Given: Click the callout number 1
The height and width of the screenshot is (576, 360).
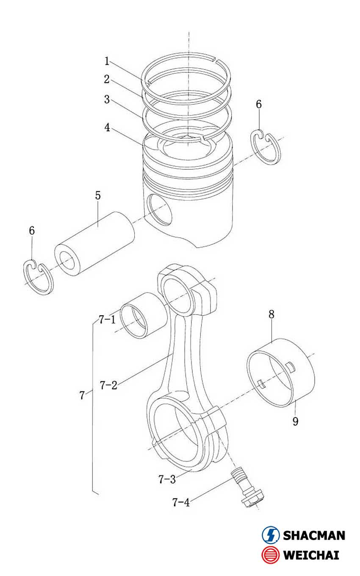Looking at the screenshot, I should (x=107, y=61).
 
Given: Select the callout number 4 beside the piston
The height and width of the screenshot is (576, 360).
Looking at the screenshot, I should (x=107, y=127).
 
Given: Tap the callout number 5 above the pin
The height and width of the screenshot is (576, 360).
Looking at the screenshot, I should (x=98, y=196).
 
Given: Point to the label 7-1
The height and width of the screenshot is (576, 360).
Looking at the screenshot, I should (x=107, y=320).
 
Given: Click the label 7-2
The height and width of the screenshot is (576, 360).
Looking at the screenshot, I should (x=108, y=385).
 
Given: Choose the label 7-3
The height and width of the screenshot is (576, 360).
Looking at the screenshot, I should (x=166, y=479).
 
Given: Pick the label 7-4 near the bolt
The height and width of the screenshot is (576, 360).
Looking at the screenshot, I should (x=181, y=502).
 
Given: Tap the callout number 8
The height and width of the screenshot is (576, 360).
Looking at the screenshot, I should (x=271, y=314).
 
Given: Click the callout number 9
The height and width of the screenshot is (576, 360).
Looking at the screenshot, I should (x=295, y=422).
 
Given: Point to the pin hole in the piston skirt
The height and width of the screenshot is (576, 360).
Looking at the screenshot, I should (x=158, y=209).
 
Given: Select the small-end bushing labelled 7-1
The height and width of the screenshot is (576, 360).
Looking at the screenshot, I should (x=143, y=315).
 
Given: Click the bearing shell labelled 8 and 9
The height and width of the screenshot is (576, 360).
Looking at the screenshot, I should (x=281, y=372).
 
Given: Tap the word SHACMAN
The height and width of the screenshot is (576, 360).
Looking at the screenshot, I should (x=314, y=535).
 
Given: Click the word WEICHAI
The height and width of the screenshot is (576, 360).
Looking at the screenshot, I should (x=311, y=555).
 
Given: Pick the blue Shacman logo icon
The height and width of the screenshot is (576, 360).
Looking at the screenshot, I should (x=271, y=535).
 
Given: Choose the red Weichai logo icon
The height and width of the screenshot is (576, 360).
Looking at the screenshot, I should (x=271, y=555).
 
